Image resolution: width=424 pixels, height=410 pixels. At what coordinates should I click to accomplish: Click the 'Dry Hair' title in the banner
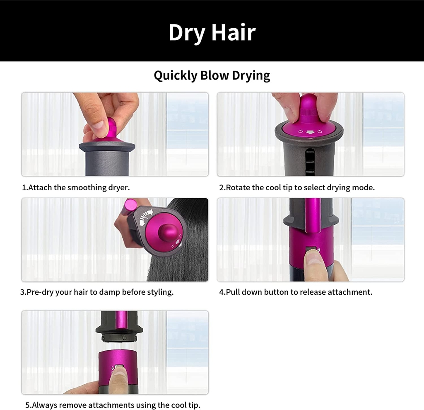point(212,32)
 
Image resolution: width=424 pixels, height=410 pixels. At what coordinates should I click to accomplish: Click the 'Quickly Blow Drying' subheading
point(212,76)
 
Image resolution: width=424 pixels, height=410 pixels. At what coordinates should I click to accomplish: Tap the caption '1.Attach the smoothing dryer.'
point(76,187)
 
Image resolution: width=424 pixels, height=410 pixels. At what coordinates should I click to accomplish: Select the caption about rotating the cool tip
point(297,187)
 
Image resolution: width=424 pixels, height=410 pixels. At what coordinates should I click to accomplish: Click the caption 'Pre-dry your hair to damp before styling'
point(97,292)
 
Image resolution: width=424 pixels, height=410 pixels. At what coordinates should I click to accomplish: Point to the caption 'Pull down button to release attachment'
point(296,292)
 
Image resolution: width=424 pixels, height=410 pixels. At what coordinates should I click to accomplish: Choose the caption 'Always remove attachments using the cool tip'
point(113,405)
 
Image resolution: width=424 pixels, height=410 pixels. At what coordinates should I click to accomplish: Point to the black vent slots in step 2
point(307,162)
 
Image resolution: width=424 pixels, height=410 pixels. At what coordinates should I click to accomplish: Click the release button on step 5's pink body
point(119,367)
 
